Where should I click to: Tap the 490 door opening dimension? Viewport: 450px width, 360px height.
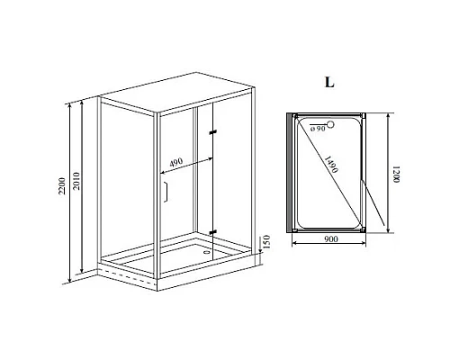click(177, 163)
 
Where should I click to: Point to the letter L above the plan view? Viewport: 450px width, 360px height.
click(328, 82)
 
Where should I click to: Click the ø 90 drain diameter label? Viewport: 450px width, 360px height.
click(315, 128)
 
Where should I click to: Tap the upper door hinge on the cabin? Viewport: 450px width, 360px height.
click(213, 133)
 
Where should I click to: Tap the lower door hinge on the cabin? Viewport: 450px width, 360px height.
click(213, 231)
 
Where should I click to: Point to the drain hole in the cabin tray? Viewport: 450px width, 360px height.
click(209, 251)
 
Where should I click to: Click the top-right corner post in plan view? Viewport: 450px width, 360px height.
click(363, 116)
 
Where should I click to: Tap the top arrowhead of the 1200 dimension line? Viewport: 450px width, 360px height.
click(388, 117)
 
